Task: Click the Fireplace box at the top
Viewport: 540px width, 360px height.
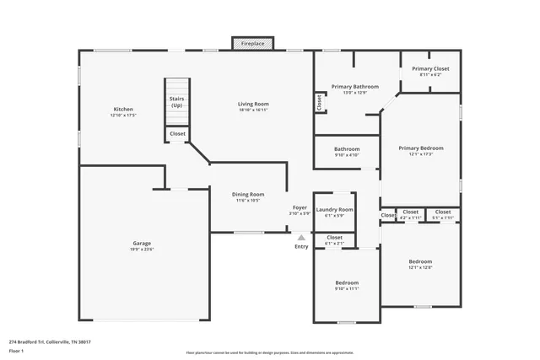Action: tap(252, 42)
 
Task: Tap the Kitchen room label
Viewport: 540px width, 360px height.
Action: tap(123, 112)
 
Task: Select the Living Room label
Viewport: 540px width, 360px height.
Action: tap(252, 106)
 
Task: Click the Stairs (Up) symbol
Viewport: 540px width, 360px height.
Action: tap(176, 102)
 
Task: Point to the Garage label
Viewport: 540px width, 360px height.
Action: tap(142, 246)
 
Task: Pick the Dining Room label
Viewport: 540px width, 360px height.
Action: tap(248, 197)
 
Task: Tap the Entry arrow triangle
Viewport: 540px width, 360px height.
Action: tap(301, 239)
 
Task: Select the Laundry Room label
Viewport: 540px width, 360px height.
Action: tap(334, 212)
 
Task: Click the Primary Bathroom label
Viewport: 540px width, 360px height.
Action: tap(354, 89)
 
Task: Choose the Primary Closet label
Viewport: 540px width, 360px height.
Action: tap(430, 71)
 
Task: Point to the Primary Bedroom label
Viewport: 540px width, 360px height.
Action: tap(420, 151)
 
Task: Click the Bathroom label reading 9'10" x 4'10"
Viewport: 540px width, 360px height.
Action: tap(346, 152)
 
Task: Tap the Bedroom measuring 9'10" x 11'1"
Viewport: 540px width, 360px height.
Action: tap(347, 285)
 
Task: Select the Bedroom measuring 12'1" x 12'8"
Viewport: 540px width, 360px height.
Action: tap(420, 264)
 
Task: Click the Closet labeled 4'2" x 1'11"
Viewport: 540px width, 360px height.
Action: tap(410, 214)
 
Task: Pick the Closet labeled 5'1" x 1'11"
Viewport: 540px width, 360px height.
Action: tap(443, 214)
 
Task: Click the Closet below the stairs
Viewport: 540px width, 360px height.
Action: tap(177, 133)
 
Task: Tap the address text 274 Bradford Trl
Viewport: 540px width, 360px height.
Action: tap(50, 341)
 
